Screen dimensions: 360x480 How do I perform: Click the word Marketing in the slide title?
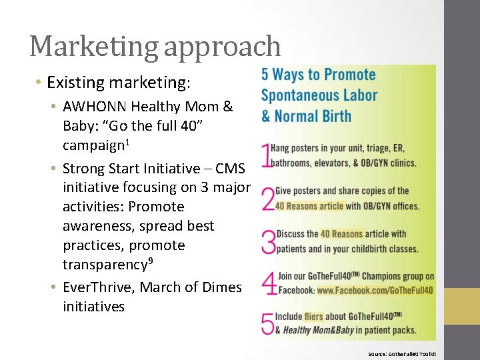93,47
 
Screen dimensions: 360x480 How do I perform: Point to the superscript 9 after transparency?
151,261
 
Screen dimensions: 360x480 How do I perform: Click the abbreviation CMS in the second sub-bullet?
231,169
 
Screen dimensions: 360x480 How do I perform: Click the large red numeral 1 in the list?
267,155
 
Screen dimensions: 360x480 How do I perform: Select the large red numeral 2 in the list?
268,198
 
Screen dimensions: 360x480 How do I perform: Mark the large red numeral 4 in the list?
269,283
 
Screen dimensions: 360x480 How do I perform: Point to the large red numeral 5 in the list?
268,323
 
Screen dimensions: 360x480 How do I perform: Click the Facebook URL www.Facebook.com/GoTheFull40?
375,291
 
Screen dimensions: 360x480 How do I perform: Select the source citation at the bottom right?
402,353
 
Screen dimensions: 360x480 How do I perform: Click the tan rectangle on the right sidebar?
462,311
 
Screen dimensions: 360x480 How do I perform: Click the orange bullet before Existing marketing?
39,83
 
